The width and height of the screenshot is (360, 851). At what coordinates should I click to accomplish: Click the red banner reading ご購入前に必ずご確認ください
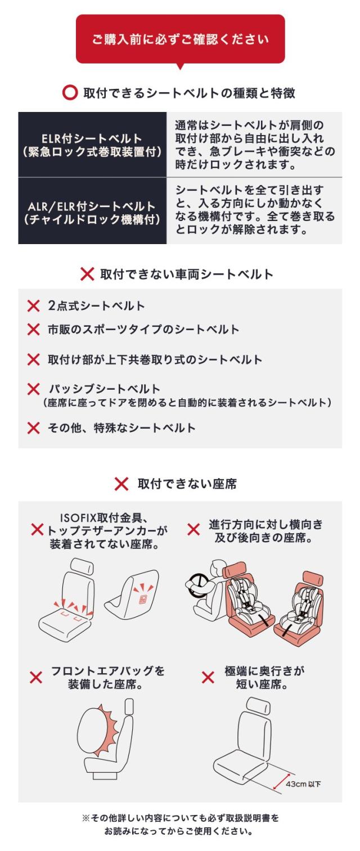click(x=181, y=39)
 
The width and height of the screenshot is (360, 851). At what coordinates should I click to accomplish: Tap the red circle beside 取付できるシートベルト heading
click(x=70, y=93)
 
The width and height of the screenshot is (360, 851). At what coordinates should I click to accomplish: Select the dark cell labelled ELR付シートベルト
click(x=92, y=145)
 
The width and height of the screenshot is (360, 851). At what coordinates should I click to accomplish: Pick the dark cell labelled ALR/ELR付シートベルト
click(x=92, y=211)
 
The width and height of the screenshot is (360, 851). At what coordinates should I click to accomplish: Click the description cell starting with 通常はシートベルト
click(x=254, y=145)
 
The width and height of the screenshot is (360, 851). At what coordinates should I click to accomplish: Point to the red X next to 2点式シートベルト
click(x=33, y=306)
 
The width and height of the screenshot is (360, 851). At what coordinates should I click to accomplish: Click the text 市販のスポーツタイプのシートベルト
click(x=143, y=330)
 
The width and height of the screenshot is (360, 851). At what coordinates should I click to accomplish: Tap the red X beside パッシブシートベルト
click(x=33, y=389)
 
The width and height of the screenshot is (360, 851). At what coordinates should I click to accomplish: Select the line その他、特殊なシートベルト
click(x=121, y=428)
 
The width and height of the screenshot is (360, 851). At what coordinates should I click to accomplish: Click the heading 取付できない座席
click(x=187, y=484)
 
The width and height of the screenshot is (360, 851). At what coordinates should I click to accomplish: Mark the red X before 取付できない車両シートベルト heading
click(x=87, y=274)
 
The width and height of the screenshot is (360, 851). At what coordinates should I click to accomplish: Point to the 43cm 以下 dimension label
click(x=303, y=784)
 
